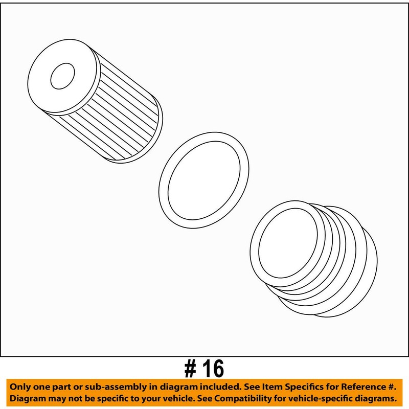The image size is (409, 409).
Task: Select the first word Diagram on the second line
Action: coord(28,398)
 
